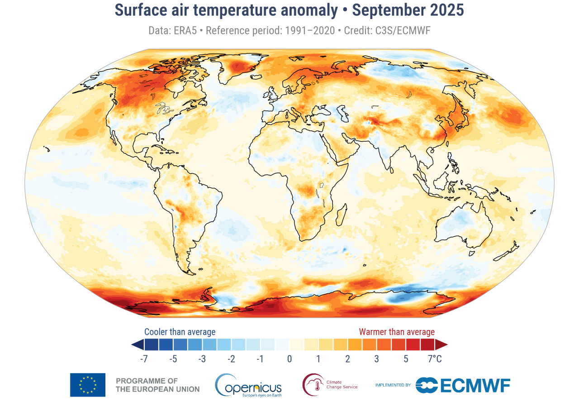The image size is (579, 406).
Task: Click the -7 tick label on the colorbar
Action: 144,359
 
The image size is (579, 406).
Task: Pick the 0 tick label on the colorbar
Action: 289,359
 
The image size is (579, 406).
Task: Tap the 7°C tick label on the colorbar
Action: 435,359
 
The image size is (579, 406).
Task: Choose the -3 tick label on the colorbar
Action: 202,359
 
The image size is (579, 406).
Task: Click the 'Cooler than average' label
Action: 180,332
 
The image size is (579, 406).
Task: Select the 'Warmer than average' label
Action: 397,332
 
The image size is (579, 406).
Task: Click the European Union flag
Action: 88,385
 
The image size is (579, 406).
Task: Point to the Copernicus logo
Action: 248,385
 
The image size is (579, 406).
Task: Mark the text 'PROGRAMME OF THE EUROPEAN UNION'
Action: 157,385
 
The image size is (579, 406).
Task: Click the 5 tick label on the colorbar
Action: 406,359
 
